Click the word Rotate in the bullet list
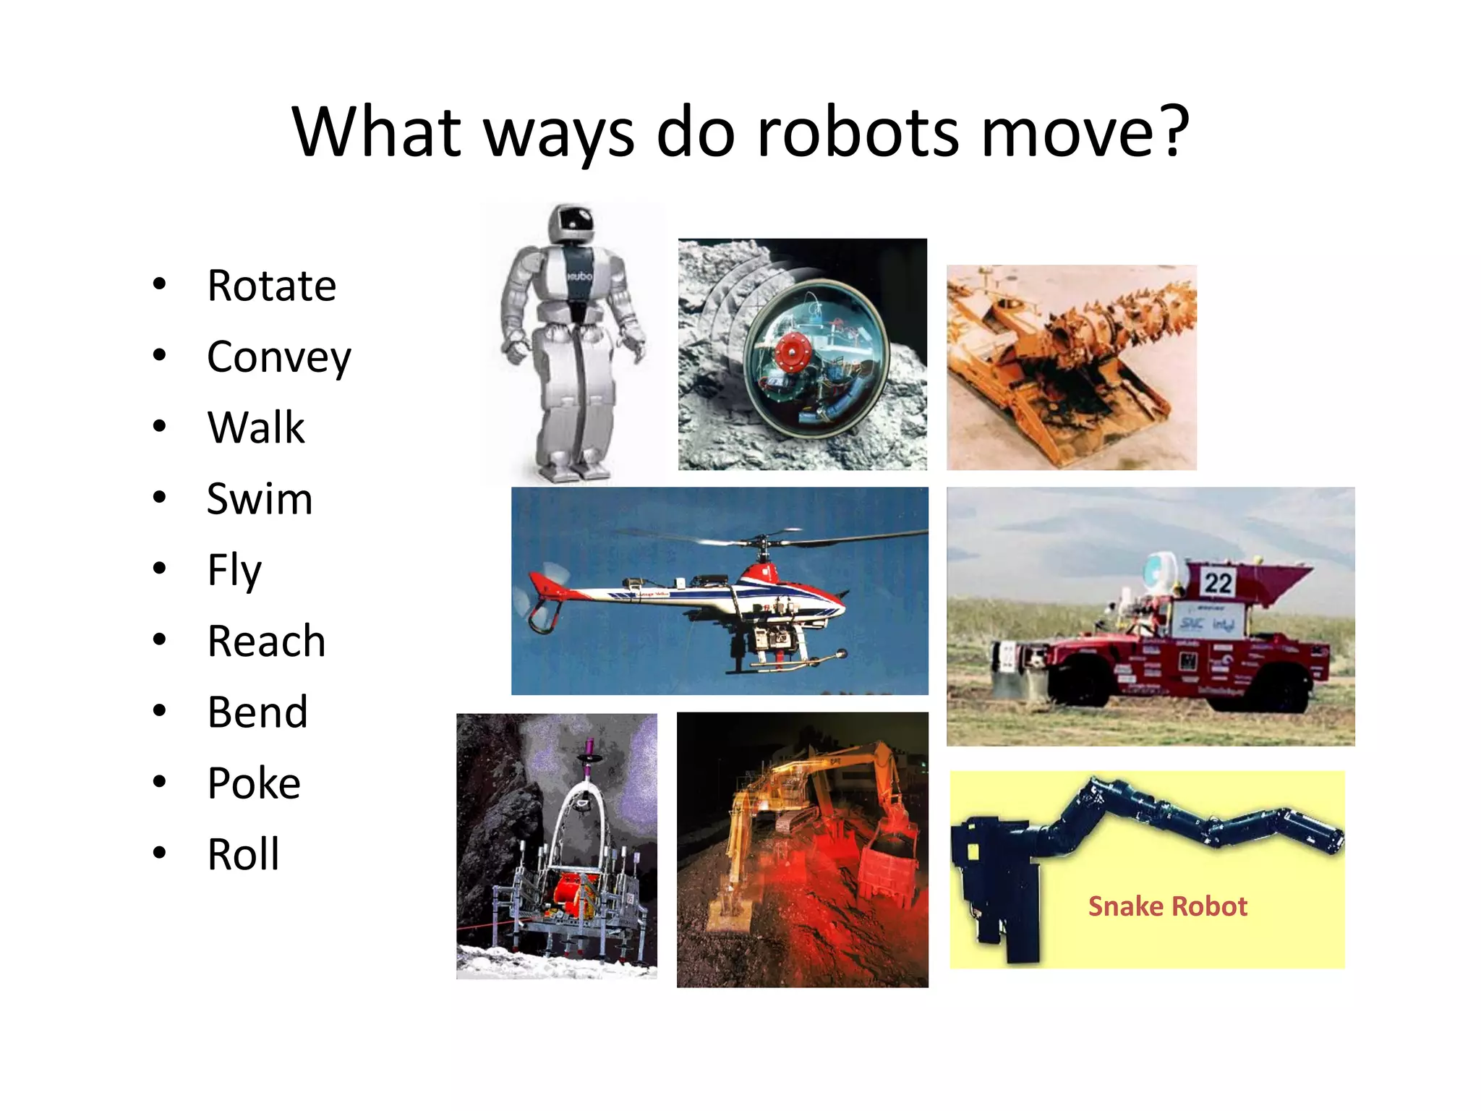point(271,286)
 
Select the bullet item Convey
point(278,357)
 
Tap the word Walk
point(255,427)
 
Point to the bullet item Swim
point(260,499)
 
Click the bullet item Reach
point(266,642)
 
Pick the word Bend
point(257,712)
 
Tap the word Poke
point(254,783)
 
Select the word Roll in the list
point(243,854)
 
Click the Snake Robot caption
point(1167,906)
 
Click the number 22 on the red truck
point(1218,583)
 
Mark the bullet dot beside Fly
point(160,568)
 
